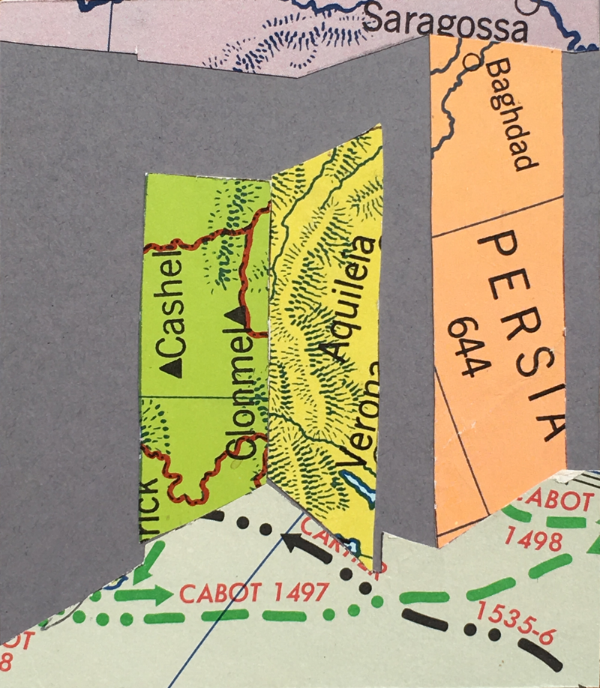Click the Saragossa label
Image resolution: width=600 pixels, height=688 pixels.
(443, 25)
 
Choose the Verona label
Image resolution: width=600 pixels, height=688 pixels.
(357, 417)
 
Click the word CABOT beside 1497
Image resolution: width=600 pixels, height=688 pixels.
(214, 594)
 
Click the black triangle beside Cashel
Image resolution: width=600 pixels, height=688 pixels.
(172, 366)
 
